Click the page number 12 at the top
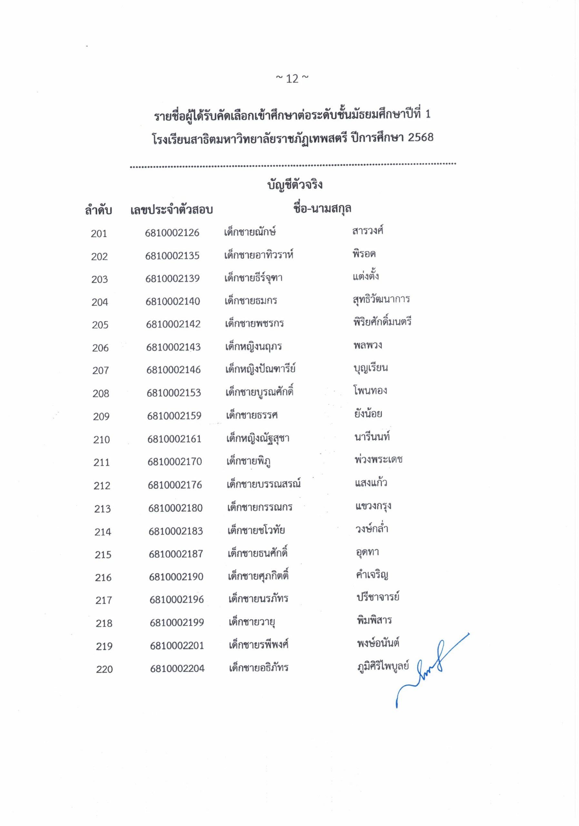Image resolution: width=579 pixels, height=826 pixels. pyautogui.click(x=292, y=78)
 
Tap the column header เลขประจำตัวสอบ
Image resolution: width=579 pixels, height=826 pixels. pyautogui.click(x=172, y=210)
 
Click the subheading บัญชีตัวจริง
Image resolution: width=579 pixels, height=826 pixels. pyautogui.click(x=294, y=185)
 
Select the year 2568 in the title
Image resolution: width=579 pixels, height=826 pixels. pyautogui.click(x=420, y=137)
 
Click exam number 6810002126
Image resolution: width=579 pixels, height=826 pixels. pyautogui.click(x=172, y=233)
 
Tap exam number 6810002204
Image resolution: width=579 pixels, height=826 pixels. pyautogui.click(x=177, y=669)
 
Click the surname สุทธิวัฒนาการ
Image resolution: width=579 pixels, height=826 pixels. pyautogui.click(x=381, y=299)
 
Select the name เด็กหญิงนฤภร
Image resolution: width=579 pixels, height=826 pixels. pyautogui.click(x=254, y=347)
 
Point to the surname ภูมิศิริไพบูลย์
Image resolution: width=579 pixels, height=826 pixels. pyautogui.click(x=383, y=666)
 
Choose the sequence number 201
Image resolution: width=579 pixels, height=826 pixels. pyautogui.click(x=99, y=234)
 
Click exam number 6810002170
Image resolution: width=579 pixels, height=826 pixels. pyautogui.click(x=175, y=462)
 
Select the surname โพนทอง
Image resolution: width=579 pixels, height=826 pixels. pyautogui.click(x=370, y=391)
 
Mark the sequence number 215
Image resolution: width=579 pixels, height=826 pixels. pyautogui.click(x=103, y=555)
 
